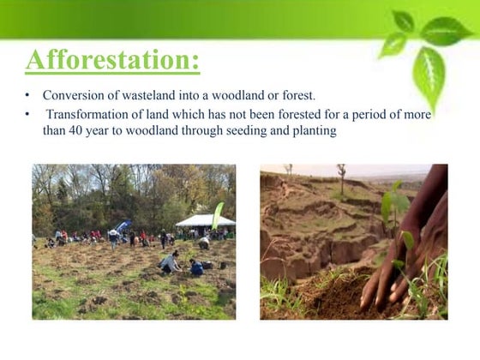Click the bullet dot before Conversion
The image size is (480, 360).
27,95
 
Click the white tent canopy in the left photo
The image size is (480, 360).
205,220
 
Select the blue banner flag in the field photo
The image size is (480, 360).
124,225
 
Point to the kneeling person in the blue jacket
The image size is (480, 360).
196,267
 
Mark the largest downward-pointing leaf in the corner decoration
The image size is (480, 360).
428,75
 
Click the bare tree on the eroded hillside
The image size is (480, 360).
341,177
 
